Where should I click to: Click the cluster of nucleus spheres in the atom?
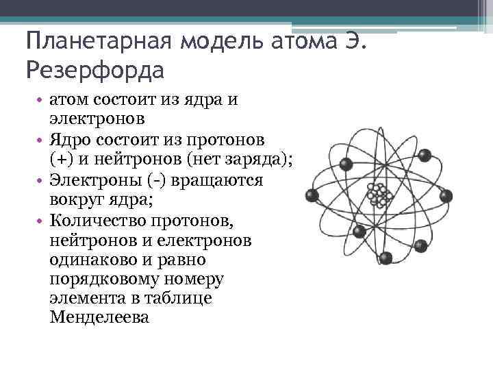[378, 195]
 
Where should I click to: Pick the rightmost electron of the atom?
[447, 197]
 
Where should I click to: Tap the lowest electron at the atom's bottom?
[385, 258]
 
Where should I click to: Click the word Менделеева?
[99, 318]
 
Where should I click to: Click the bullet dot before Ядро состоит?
[40, 141]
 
